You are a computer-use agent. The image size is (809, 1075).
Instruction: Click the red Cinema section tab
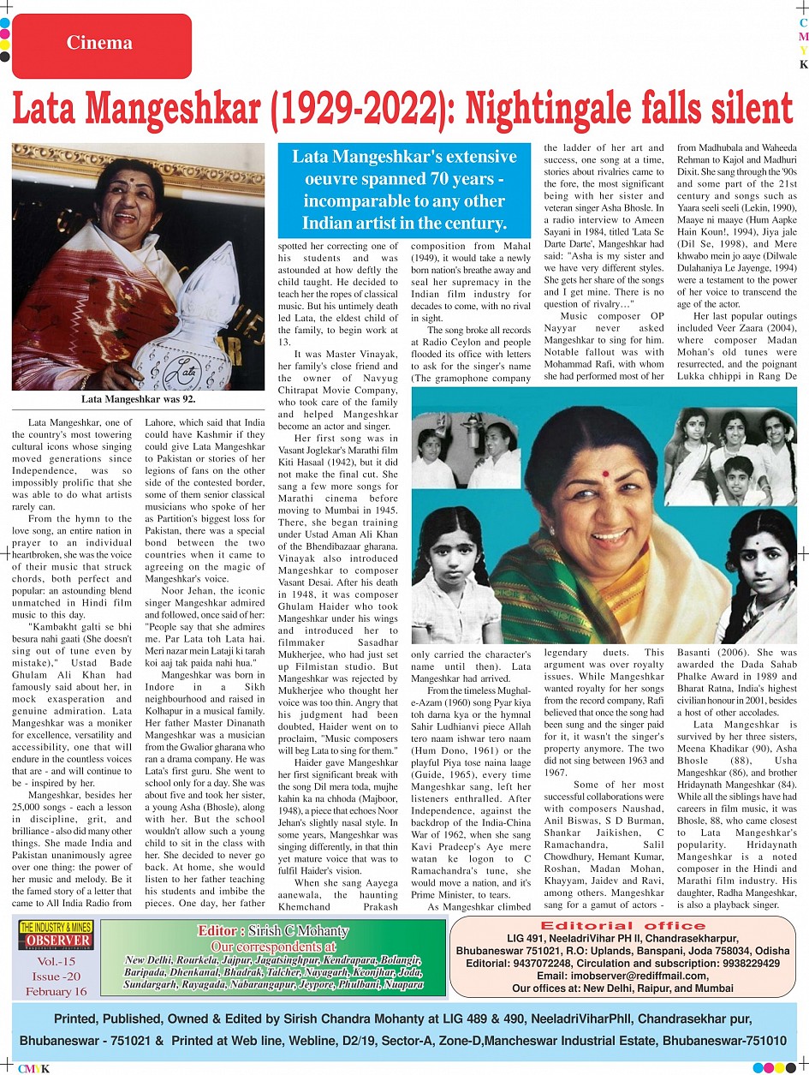pyautogui.click(x=100, y=43)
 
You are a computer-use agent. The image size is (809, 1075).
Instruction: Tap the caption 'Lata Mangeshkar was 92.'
pyautogui.click(x=138, y=399)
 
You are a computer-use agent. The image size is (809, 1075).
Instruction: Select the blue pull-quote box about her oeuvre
pyautogui.click(x=404, y=190)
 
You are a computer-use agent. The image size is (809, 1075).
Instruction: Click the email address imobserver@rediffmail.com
pyautogui.click(x=622, y=976)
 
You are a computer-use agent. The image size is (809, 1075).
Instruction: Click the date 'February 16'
pyautogui.click(x=56, y=991)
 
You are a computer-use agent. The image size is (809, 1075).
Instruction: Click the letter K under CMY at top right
pyautogui.click(x=803, y=64)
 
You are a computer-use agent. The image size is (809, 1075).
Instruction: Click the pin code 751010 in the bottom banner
pyautogui.click(x=758, y=1042)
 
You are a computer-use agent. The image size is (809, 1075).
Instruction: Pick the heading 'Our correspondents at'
pyautogui.click(x=273, y=947)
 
